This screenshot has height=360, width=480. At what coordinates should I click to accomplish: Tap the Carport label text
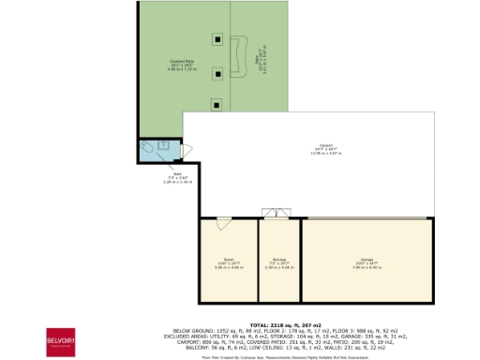326,147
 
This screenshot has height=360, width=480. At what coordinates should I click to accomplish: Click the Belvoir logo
62,338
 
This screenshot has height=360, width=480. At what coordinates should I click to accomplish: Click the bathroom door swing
187,151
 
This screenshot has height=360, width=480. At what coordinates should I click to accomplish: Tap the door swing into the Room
223,224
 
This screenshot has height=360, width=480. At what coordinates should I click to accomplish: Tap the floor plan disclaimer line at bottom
280,356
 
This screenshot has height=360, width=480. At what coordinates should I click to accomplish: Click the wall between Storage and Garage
300,261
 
